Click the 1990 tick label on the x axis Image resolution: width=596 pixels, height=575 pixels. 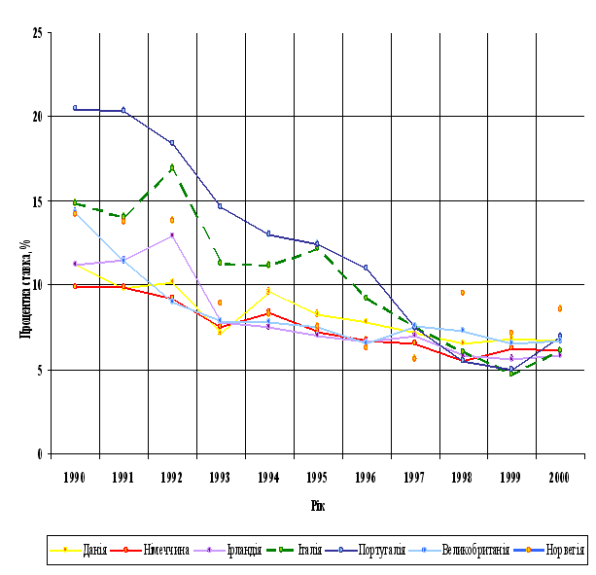(75, 477)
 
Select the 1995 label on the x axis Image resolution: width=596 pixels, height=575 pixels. (317, 477)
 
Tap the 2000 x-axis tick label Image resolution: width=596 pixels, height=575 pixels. (559, 477)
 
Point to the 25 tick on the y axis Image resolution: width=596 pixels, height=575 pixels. (37, 33)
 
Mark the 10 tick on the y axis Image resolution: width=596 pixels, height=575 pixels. (37, 285)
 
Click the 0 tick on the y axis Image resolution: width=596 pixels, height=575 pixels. (40, 453)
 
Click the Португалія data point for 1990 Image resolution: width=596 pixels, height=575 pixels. (75, 108)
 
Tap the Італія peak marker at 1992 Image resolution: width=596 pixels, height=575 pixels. (172, 167)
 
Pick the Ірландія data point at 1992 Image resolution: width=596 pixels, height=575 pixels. (172, 235)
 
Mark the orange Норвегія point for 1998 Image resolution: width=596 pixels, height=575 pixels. (463, 292)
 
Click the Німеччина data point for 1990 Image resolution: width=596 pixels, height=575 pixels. (75, 286)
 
